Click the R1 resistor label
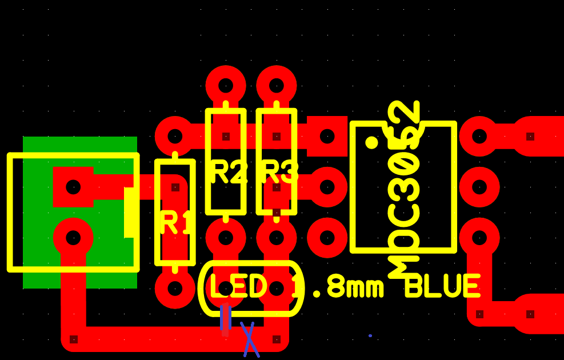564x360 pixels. coord(175,223)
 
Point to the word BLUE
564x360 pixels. coord(443,286)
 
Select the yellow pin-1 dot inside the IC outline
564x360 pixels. coord(371,142)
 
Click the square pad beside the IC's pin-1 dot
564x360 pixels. coord(327,137)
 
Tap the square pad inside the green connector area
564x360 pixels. coord(73,187)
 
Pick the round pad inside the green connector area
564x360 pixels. coord(73,238)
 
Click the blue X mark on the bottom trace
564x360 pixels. coord(250,339)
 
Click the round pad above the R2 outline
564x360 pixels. coord(226,86)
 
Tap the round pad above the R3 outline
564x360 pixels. coord(276,86)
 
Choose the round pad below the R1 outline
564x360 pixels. coord(175,289)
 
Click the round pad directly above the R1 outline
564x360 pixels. coord(175,137)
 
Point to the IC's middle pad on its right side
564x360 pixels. coord(479,187)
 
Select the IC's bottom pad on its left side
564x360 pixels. coord(327,238)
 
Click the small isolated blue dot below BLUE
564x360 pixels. coord(370,335)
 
